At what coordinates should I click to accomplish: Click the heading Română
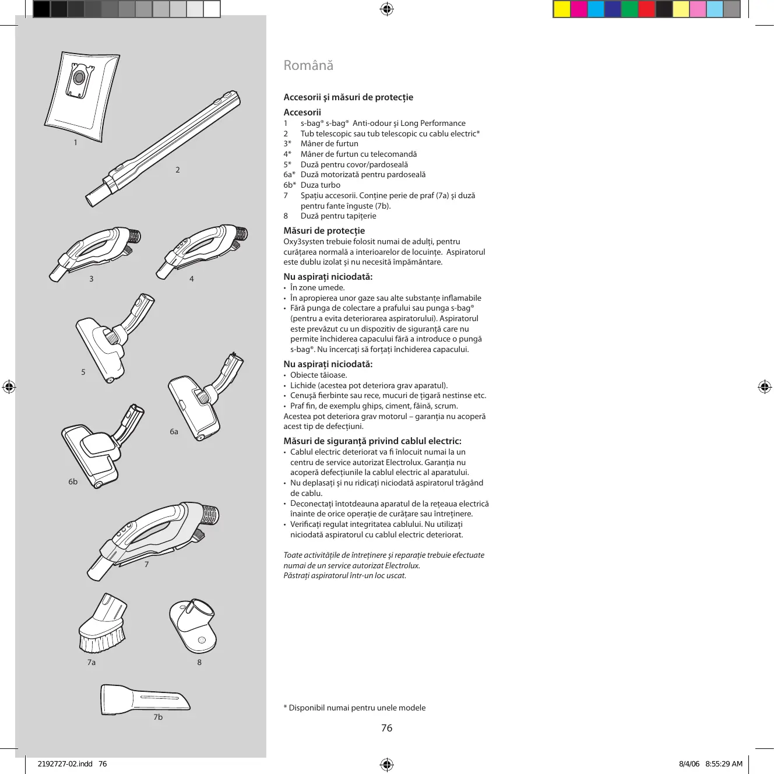tap(308, 65)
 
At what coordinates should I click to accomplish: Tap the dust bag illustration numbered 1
tap(83, 96)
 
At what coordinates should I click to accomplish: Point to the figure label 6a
tap(174, 432)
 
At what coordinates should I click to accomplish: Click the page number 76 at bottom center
tap(386, 728)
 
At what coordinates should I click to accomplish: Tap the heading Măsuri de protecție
tap(324, 231)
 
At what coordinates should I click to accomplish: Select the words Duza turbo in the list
tap(320, 185)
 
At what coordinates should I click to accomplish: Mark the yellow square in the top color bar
tap(562, 9)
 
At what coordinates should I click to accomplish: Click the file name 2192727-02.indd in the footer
tap(65, 764)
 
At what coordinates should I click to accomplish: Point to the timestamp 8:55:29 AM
tap(724, 764)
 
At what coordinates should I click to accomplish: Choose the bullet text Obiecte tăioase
tap(318, 375)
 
